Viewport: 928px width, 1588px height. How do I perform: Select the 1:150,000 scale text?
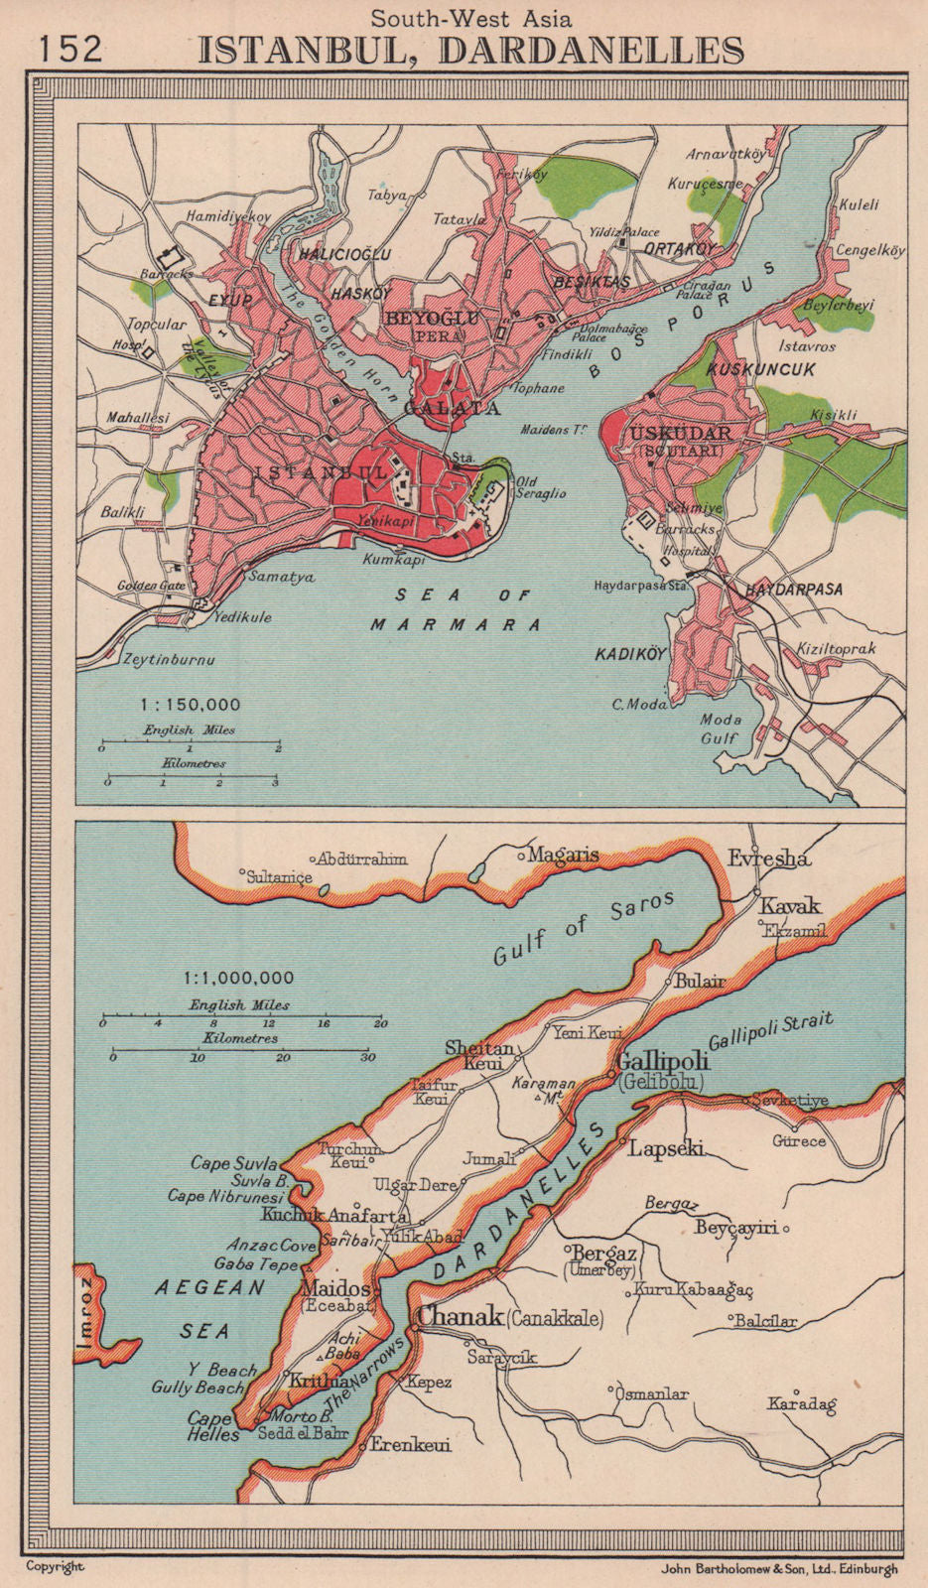pos(191,705)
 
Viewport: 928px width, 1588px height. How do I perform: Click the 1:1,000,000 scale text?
pos(238,979)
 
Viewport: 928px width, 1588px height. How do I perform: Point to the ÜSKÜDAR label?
pos(679,434)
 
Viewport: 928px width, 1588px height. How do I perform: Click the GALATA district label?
pos(452,408)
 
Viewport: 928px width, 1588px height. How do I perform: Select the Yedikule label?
pos(242,617)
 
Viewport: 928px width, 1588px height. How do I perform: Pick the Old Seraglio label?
pos(541,488)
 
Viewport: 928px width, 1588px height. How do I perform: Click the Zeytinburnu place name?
pos(168,659)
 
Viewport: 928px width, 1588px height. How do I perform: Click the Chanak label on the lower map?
pos(460,1317)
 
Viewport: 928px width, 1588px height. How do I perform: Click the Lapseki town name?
pos(666,1148)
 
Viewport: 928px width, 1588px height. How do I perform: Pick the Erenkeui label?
pos(410,1445)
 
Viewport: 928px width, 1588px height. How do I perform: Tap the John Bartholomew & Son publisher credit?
pos(778,1569)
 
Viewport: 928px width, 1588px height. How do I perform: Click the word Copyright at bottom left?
pos(56,1567)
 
